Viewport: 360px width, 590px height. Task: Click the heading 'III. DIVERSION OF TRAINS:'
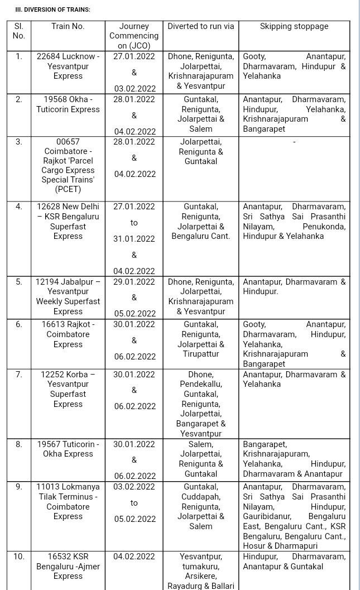point(52,9)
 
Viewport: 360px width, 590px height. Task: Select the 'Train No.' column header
point(68,26)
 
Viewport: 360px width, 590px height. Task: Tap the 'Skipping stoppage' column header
point(294,26)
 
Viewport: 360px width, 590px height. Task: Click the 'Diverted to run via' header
point(201,26)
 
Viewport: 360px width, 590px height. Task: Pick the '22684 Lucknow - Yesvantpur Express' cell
point(68,66)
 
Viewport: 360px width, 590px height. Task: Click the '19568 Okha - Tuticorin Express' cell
point(68,104)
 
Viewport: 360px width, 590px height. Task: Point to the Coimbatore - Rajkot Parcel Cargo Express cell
point(68,165)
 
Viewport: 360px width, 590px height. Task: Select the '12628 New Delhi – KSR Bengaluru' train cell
point(68,221)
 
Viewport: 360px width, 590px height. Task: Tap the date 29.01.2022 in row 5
point(134,282)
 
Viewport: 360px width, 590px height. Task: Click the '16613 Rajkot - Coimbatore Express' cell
point(68,334)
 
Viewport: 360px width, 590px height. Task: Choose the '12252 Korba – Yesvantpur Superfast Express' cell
point(68,389)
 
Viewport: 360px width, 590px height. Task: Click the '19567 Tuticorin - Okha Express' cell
point(68,449)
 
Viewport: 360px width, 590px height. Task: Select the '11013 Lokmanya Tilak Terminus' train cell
point(68,501)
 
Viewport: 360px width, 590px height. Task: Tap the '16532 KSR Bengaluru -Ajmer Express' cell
point(68,566)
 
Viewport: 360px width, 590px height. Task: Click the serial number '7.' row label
point(19,375)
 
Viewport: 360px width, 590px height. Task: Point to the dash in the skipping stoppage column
point(294,142)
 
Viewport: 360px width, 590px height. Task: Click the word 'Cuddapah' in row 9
point(201,497)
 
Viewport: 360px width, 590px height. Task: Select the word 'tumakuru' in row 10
point(201,567)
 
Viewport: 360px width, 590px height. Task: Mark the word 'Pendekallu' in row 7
point(201,384)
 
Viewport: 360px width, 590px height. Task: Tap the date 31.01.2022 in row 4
point(134,239)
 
